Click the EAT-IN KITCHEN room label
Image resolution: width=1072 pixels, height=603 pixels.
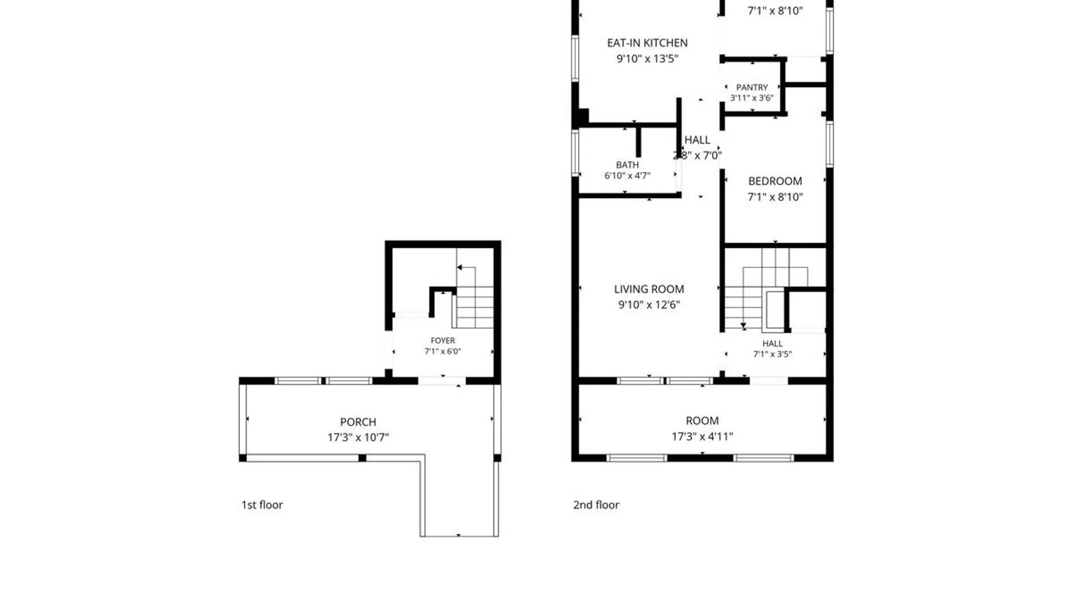[x=647, y=43]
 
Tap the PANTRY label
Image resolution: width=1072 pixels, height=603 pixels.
[x=752, y=87]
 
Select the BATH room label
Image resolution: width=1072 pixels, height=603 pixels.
[x=627, y=165]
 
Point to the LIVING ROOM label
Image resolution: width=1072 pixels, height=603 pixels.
[x=649, y=289]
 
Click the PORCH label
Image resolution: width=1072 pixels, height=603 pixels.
[x=358, y=422]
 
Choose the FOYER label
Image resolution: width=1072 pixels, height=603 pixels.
[x=443, y=341]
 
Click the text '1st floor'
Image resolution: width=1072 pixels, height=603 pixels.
[x=262, y=505]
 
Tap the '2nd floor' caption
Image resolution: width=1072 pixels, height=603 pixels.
[x=596, y=505]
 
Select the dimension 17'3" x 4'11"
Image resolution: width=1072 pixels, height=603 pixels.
[x=702, y=437]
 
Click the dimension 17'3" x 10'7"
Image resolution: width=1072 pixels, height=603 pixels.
[x=358, y=437]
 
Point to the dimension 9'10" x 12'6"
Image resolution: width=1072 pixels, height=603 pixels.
[x=649, y=305]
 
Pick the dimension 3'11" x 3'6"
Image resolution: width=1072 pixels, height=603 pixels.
[x=752, y=98]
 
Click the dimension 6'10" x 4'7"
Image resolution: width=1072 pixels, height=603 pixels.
[x=627, y=175]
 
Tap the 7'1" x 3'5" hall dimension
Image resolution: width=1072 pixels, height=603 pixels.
[x=772, y=354]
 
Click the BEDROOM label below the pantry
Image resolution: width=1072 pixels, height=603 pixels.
[x=775, y=181]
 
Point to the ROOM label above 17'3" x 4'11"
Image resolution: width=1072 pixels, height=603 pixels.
[x=702, y=421]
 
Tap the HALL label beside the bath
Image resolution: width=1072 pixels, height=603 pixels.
[x=697, y=140]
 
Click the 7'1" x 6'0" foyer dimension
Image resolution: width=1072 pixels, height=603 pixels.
[x=443, y=351]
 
